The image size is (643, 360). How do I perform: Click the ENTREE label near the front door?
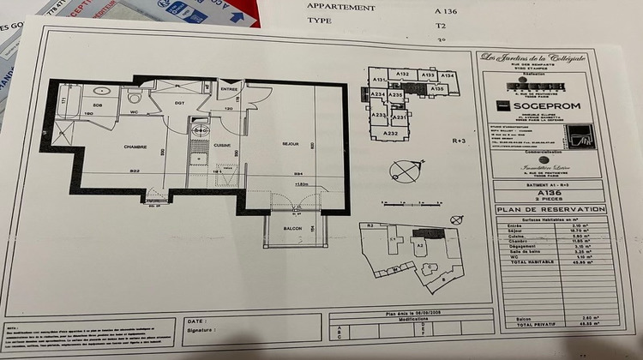(229, 89)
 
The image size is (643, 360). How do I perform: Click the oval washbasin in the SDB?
(101, 90)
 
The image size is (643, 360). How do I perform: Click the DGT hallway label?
(181, 103)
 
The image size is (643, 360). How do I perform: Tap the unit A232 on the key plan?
(390, 134)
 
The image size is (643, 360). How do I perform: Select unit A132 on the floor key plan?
(402, 75)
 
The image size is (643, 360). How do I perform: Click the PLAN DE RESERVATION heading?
(549, 208)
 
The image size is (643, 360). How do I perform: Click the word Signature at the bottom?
(201, 328)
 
